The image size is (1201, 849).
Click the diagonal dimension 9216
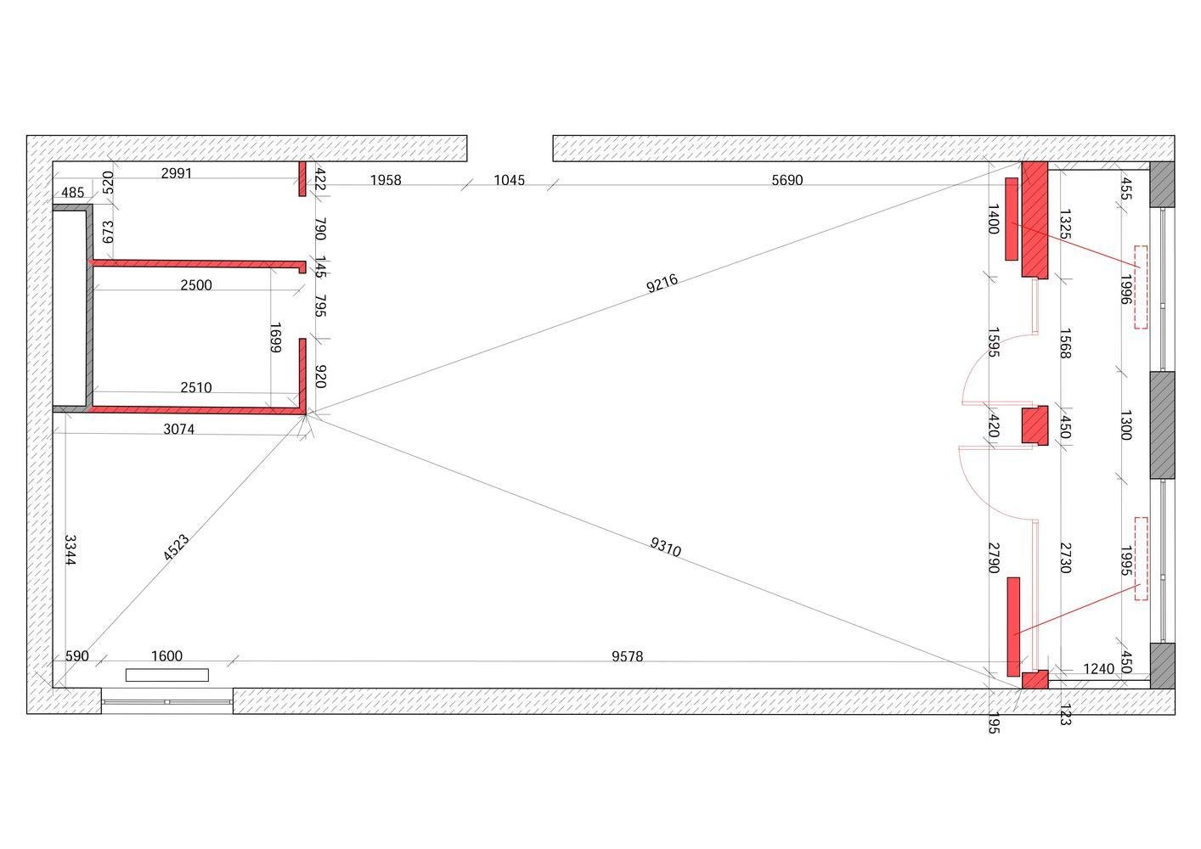point(663,283)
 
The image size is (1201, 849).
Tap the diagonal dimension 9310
point(666,548)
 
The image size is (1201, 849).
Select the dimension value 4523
point(177,548)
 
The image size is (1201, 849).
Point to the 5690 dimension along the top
point(787,180)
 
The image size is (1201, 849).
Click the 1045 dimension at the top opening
point(509,180)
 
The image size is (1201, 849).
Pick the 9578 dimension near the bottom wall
point(627,656)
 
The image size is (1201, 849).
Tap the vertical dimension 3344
point(70,550)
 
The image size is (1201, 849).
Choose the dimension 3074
point(178,430)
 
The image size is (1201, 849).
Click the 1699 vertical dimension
point(275,338)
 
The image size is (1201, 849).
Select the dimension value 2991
point(177,173)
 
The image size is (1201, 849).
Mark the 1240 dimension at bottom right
point(1098,669)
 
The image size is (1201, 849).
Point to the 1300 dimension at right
point(1125,424)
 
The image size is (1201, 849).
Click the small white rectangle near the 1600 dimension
point(167,675)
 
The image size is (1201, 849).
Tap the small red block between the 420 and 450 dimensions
point(1034,425)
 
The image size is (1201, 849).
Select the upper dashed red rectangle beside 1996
point(1141,287)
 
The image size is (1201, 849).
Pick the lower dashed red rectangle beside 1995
point(1141,559)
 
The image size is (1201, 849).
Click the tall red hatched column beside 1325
point(1035,219)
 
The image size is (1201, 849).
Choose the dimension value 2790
point(993,558)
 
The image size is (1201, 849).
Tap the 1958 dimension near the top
point(385,180)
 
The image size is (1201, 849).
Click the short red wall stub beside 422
point(302,179)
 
